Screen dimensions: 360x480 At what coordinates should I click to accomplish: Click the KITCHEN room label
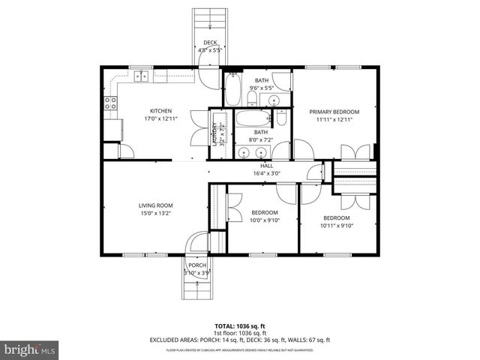click(x=155, y=111)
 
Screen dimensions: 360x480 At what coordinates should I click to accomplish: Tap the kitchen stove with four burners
click(x=111, y=103)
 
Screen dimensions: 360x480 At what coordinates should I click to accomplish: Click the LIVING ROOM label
click(x=155, y=205)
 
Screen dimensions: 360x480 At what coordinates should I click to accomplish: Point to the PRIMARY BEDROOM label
click(x=334, y=111)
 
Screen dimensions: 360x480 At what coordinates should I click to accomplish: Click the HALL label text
click(x=266, y=165)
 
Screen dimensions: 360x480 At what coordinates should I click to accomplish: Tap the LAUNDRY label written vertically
click(x=214, y=133)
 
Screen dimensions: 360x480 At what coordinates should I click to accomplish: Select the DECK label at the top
click(x=210, y=43)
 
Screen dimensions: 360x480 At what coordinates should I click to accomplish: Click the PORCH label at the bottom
click(x=197, y=265)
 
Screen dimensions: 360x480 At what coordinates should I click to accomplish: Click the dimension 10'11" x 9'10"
click(x=336, y=225)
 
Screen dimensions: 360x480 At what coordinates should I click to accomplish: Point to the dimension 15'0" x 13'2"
click(x=155, y=212)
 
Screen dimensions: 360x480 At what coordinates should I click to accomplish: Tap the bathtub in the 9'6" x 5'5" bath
click(x=232, y=90)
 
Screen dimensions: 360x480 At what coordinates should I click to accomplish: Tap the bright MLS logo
click(x=30, y=349)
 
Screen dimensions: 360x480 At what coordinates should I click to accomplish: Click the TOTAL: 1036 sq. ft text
click(x=240, y=326)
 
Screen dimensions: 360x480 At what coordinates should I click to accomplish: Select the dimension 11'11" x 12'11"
click(x=334, y=118)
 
